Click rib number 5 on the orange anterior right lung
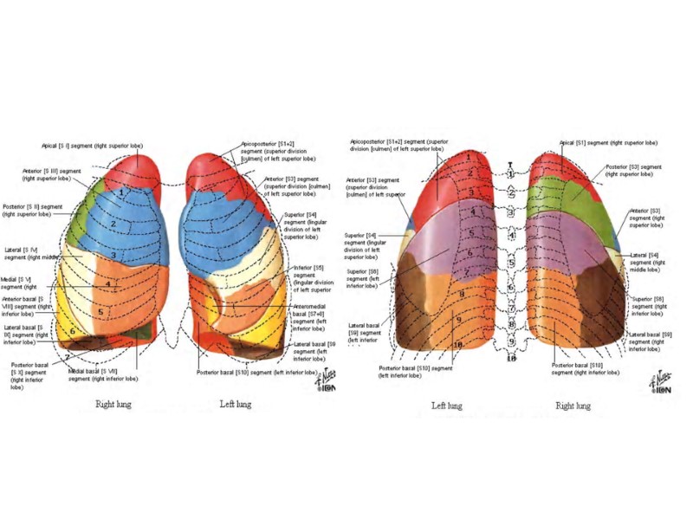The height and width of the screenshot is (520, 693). (x=100, y=311)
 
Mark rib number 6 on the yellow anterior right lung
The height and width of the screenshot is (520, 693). (x=73, y=330)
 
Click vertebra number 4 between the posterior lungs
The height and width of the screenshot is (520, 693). (x=511, y=236)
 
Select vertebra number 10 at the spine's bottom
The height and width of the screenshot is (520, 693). (x=511, y=358)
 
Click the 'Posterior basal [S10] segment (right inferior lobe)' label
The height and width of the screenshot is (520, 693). (x=585, y=368)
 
